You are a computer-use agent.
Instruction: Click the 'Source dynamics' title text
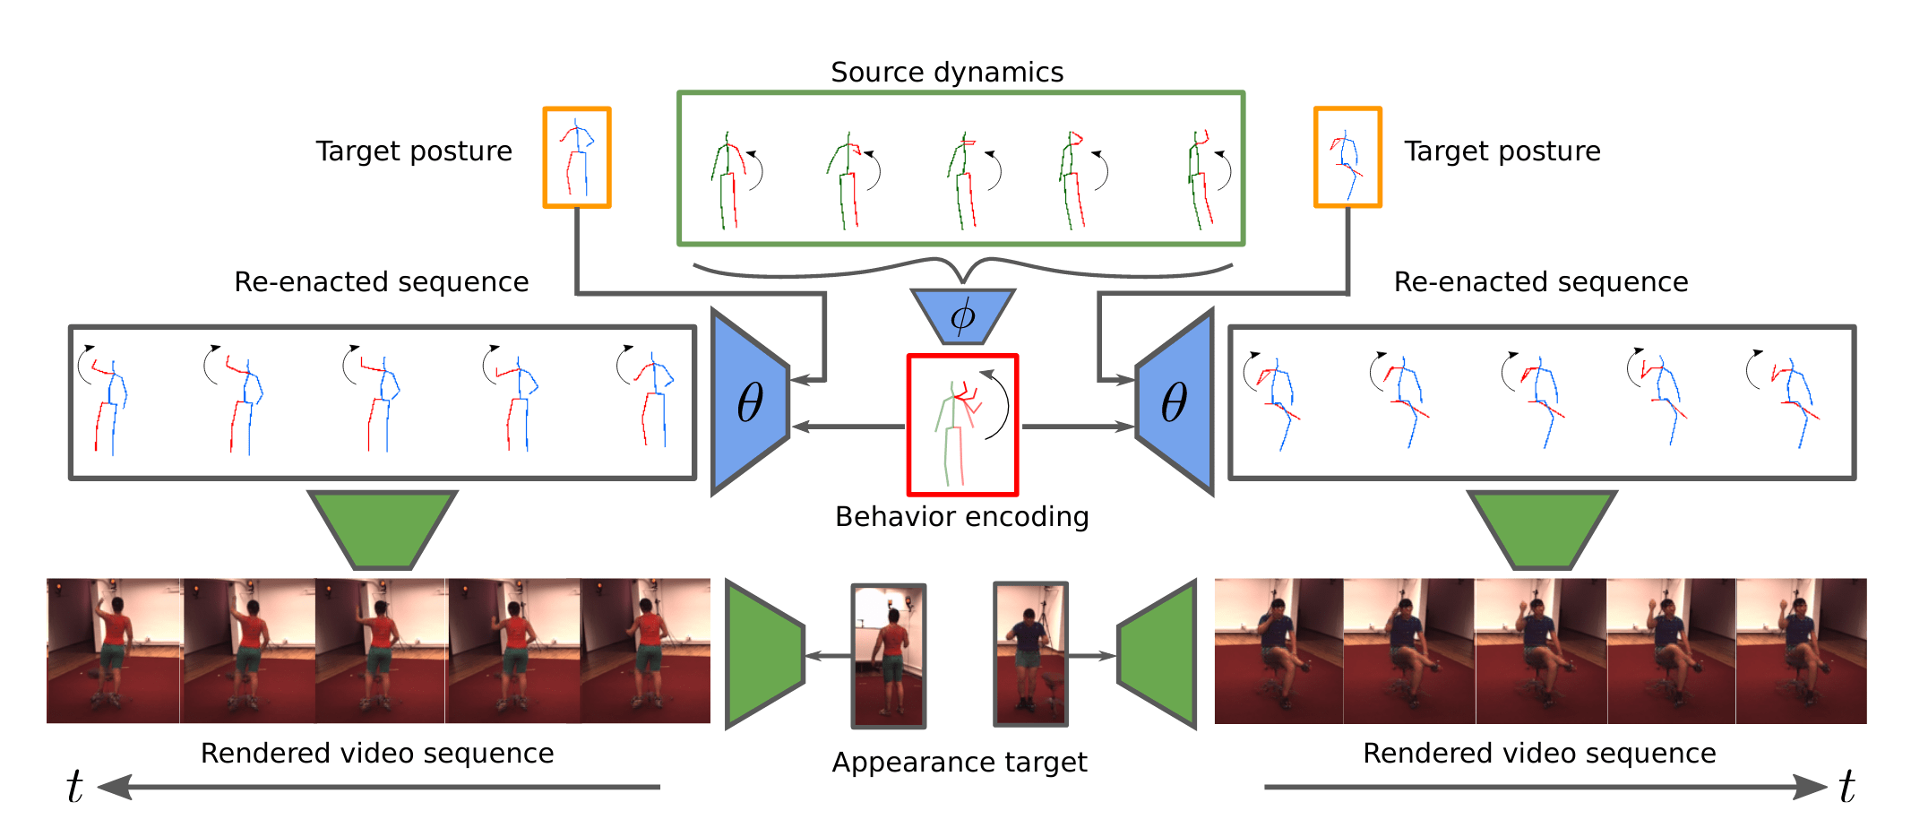(946, 72)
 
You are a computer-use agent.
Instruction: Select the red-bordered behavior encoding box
(962, 425)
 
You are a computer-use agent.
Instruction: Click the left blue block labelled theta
(750, 402)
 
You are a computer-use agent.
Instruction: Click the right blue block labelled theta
(1175, 402)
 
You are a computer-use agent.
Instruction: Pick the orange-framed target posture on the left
(577, 158)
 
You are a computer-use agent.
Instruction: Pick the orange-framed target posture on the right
(1347, 158)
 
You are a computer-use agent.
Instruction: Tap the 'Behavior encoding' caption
(961, 517)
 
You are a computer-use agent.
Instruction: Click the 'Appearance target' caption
(959, 763)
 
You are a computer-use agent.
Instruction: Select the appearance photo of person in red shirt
(888, 656)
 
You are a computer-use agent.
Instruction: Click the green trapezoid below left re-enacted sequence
(383, 529)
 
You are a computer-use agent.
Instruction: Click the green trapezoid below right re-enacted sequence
(1541, 529)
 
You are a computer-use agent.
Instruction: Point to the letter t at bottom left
(74, 787)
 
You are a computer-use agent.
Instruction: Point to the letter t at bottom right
(1846, 787)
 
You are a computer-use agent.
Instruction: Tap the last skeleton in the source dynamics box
(1201, 179)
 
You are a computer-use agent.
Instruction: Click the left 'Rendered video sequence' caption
(376, 754)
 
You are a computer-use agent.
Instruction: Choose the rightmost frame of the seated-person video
(1801, 651)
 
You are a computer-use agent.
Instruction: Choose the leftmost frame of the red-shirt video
(113, 651)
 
